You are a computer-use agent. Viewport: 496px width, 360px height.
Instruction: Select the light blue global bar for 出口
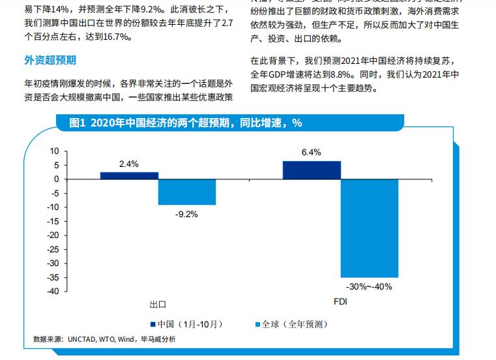pyautogui.click(x=187, y=192)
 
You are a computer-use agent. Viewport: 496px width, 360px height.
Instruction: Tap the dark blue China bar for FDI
pyautogui.click(x=312, y=170)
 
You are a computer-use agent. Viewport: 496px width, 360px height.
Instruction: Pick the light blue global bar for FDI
pyautogui.click(x=369, y=228)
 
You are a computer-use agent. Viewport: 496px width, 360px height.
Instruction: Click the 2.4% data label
pyautogui.click(x=128, y=164)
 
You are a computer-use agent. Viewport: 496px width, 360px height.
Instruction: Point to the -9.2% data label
pyautogui.click(x=186, y=213)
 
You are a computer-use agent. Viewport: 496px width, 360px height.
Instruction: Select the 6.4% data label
pyautogui.click(x=311, y=153)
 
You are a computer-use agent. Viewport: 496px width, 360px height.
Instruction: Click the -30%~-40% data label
pyautogui.click(x=369, y=286)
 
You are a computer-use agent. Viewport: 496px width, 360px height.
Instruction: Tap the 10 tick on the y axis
pyautogui.click(x=54, y=151)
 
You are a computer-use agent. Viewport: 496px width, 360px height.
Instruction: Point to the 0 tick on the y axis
pyautogui.click(x=57, y=179)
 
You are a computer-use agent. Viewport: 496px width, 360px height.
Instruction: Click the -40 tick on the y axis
pyautogui.click(x=52, y=291)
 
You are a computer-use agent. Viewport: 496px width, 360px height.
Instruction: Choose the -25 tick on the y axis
pyautogui.click(x=52, y=249)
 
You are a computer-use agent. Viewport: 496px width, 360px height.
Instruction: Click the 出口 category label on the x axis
pyautogui.click(x=158, y=304)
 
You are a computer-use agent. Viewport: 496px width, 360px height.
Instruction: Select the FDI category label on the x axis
pyautogui.click(x=340, y=303)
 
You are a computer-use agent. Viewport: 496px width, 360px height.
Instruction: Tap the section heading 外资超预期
pyautogui.click(x=50, y=60)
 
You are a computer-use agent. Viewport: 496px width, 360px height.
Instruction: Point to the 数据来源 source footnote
pyautogui.click(x=104, y=339)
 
